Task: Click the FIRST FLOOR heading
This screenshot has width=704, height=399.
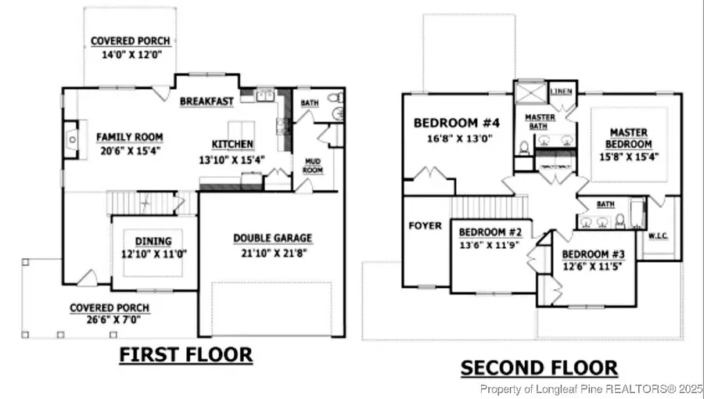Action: (185, 355)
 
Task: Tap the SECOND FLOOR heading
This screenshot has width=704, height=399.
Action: (539, 367)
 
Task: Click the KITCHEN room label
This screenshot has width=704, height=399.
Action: (232, 144)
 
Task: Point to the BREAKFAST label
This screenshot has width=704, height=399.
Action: (207, 102)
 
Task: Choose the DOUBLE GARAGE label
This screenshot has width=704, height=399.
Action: (272, 238)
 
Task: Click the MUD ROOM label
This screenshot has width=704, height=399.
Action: (313, 166)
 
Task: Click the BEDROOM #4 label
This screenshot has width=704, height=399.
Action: (456, 123)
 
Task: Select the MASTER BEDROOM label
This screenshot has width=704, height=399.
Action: (630, 138)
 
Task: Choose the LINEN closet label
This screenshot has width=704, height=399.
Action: (562, 92)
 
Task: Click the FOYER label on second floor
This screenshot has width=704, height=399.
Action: (426, 226)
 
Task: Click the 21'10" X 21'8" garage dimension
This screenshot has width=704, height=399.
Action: (272, 253)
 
